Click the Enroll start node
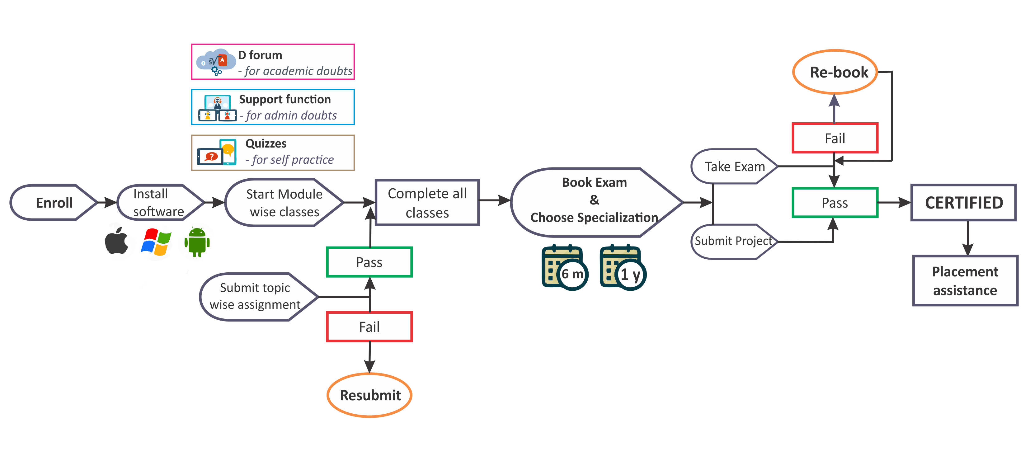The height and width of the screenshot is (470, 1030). pos(54,203)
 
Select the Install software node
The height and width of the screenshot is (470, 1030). pos(159,203)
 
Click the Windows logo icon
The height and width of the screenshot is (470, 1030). pos(157,242)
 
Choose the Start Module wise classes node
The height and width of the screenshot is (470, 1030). pos(284,203)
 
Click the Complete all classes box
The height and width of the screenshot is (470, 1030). pos(427,203)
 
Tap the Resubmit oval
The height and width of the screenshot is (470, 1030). pos(369,395)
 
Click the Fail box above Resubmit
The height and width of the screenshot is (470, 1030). pos(369,327)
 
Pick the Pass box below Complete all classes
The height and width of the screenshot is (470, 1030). pos(369,262)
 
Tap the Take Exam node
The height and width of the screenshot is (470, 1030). pos(734,167)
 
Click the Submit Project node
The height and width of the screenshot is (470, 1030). pos(733,241)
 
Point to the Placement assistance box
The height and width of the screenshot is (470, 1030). pos(965,280)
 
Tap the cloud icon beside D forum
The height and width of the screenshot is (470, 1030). pos(215,62)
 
